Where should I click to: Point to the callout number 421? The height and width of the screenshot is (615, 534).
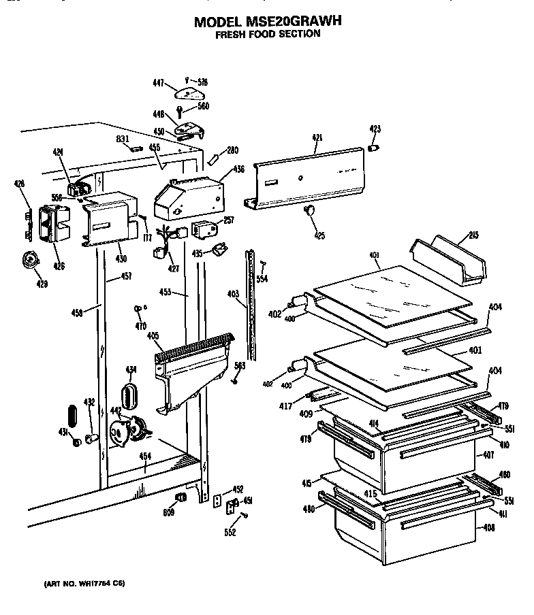click(x=317, y=138)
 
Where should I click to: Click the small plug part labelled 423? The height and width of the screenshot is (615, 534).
click(x=374, y=147)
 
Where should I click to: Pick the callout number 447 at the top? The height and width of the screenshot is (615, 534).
click(x=158, y=83)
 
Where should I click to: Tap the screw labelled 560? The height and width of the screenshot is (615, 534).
click(x=180, y=110)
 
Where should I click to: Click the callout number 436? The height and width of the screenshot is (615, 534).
click(x=238, y=169)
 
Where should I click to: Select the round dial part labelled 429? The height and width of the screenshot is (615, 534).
click(x=29, y=260)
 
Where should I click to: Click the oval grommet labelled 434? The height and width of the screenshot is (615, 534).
click(x=129, y=395)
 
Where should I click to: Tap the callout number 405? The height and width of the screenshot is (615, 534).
click(x=153, y=336)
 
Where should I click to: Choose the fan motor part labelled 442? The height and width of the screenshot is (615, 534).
click(x=127, y=431)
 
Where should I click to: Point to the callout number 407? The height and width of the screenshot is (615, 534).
click(x=488, y=454)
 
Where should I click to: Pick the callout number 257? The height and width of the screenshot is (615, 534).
click(x=229, y=220)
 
